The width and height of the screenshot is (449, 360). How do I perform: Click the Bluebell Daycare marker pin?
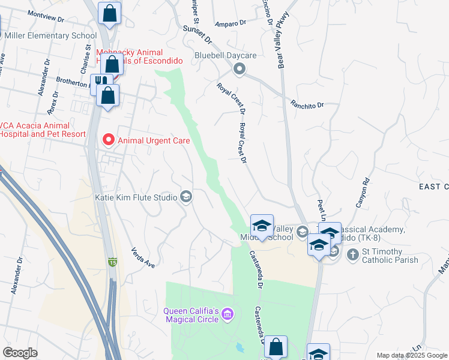point(240,70)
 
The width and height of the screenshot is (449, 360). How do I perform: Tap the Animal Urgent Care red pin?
point(109,140)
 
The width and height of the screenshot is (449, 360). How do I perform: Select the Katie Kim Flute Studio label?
point(136,197)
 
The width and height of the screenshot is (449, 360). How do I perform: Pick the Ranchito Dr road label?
point(307,105)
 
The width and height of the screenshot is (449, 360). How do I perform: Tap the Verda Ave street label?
point(143,257)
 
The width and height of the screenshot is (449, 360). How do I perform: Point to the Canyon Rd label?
point(363,193)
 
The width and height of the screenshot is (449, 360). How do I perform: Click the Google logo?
point(20,353)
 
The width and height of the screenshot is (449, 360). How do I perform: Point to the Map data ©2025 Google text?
point(412,355)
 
